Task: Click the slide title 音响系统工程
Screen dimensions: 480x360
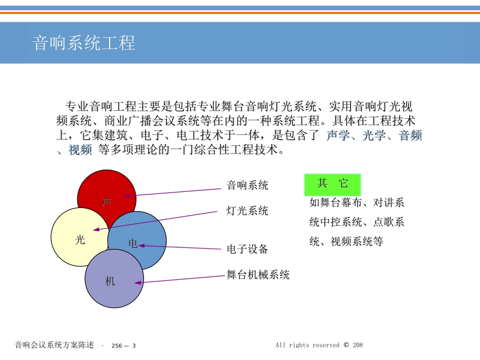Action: [83, 43]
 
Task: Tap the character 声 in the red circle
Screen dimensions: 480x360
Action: [107, 202]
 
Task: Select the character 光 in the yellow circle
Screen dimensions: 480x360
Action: [80, 239]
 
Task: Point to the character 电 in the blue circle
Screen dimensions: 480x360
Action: [133, 243]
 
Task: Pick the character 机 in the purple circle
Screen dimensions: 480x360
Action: [110, 281]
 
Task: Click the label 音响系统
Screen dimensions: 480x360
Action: [248, 185]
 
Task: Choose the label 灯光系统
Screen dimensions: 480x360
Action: [248, 211]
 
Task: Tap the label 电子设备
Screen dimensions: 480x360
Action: [248, 249]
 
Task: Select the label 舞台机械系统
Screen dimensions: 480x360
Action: [258, 275]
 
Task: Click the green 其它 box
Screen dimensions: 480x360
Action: [332, 185]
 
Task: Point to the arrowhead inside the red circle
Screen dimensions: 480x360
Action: [127, 196]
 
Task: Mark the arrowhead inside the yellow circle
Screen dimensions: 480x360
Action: [96, 229]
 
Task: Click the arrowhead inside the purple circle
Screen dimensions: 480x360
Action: [138, 283]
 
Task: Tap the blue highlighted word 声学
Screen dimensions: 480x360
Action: [338, 135]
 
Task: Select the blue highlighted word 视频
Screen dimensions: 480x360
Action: [80, 150]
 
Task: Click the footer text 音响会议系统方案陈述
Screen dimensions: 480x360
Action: [54, 345]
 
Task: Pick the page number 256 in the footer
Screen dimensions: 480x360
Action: [117, 346]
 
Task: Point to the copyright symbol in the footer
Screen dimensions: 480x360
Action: [346, 345]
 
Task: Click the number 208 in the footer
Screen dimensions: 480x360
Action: [358, 345]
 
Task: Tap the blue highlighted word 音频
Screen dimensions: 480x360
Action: [410, 135]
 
